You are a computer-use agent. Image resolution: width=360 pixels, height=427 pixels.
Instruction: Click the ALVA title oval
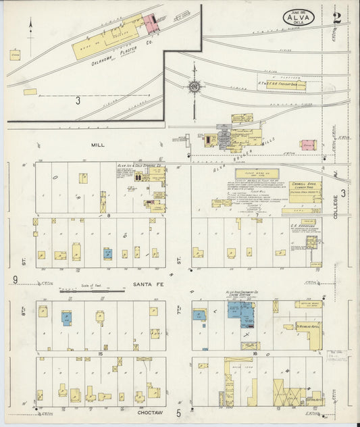click(297, 17)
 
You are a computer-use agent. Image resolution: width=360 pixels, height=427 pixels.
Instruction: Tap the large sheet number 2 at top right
click(336, 17)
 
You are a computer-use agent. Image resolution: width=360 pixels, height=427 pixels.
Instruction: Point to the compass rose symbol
click(195, 86)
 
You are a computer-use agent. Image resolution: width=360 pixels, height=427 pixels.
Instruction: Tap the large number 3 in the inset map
click(78, 101)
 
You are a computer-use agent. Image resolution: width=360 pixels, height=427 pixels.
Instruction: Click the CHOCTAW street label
click(149, 411)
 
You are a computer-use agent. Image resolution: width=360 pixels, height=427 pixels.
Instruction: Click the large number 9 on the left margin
click(15, 279)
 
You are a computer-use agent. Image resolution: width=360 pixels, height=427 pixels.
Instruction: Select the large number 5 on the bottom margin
click(179, 412)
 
